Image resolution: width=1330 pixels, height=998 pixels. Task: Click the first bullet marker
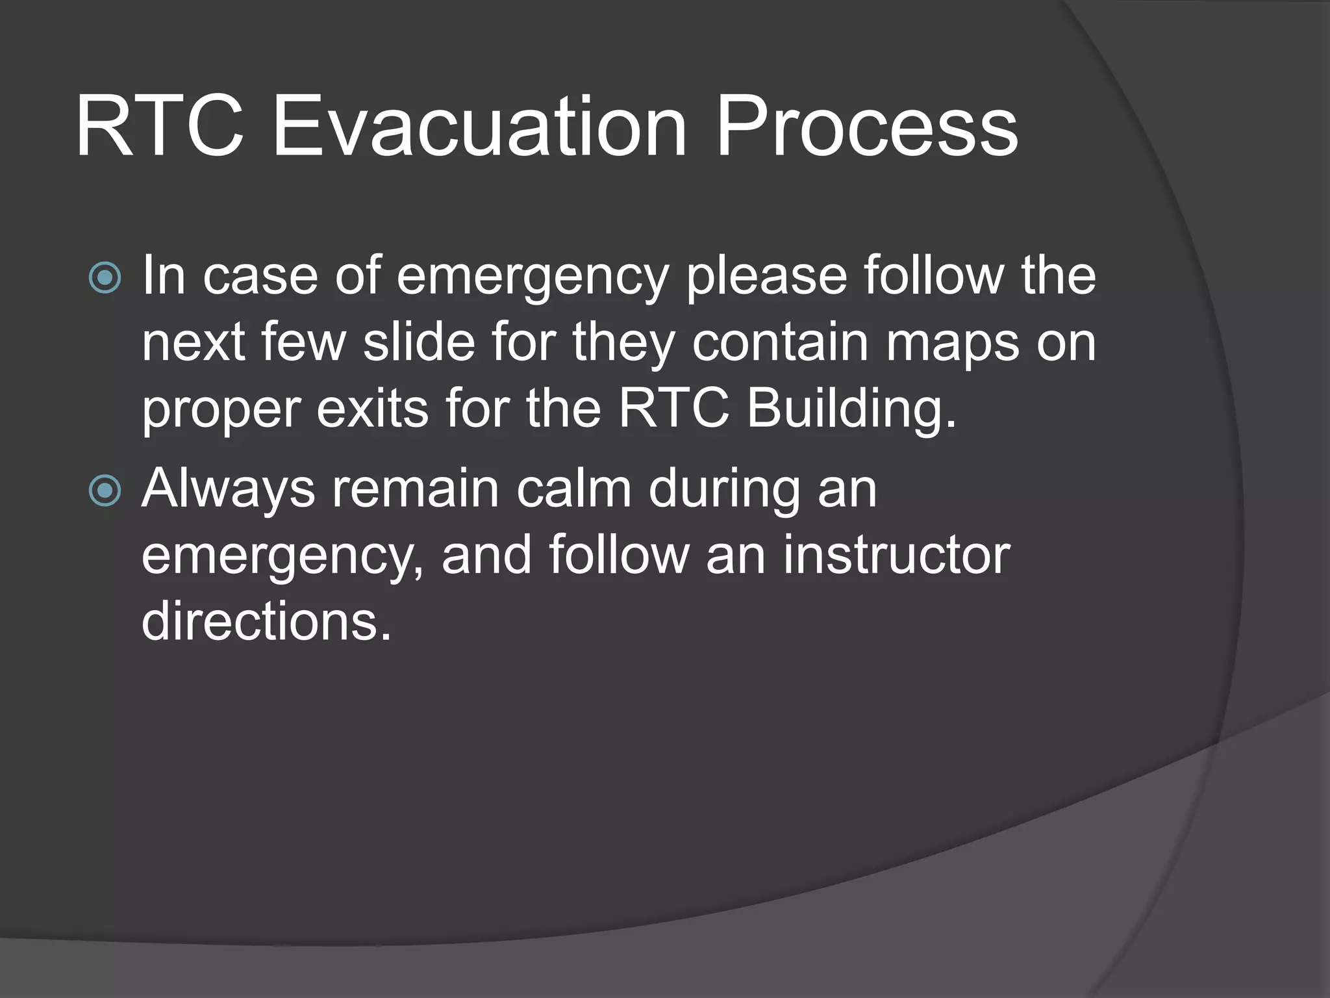point(105,278)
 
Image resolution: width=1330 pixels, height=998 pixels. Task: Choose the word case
point(260,277)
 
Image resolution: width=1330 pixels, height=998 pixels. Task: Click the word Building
point(851,411)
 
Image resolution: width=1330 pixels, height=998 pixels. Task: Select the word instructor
point(896,556)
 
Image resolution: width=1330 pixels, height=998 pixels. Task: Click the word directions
point(266,621)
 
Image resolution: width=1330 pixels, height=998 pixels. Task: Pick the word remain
point(416,489)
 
